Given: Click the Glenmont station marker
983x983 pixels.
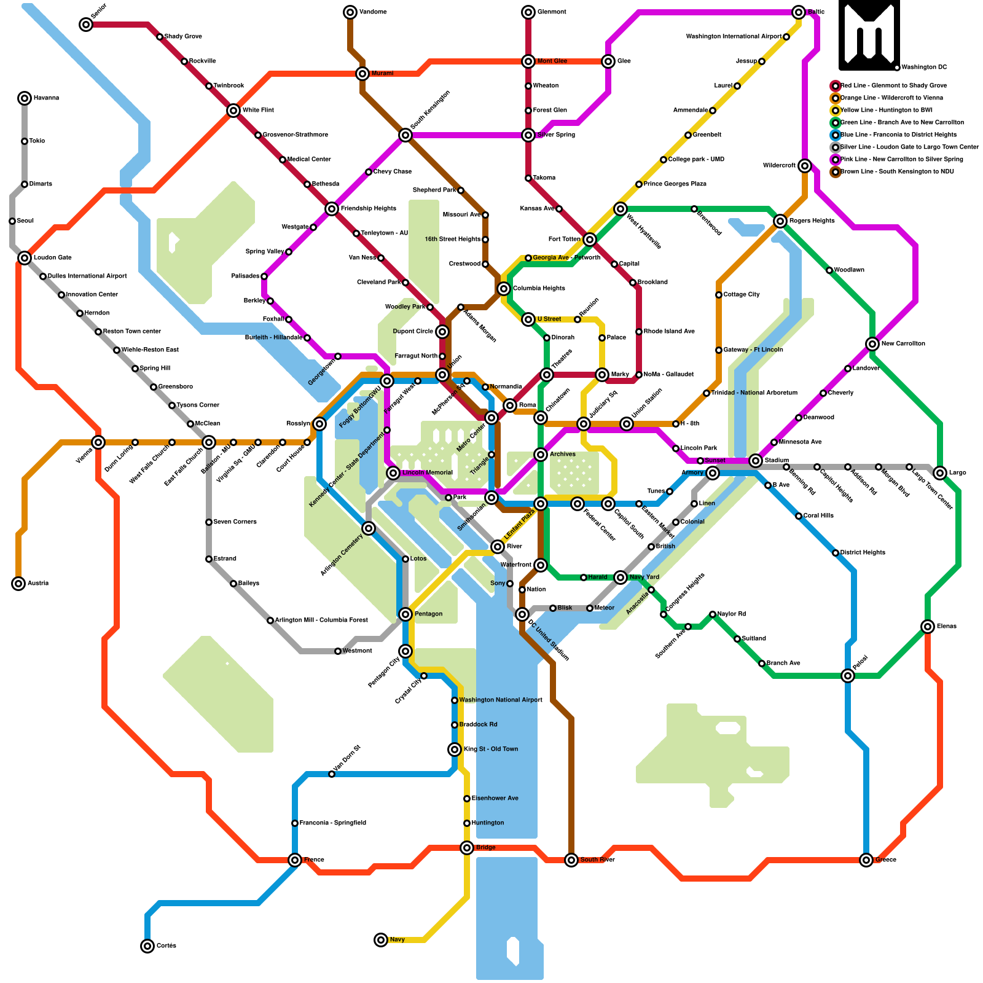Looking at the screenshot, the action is [x=528, y=12].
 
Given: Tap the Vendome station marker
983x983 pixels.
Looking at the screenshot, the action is [x=350, y=12].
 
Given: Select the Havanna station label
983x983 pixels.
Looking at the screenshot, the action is [x=46, y=98].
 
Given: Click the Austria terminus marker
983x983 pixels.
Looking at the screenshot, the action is [x=18, y=584].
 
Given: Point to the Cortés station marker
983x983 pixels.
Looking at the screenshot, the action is [x=147, y=946].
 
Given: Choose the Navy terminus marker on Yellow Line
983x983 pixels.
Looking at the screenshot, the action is [x=381, y=940].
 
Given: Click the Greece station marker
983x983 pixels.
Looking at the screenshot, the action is [x=866, y=860].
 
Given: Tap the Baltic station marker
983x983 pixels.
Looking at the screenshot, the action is [x=799, y=12].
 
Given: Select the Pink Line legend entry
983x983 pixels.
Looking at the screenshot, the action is [x=897, y=160].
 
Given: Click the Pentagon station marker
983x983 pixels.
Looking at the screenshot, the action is [x=405, y=614].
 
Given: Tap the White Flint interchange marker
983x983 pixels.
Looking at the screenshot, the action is [x=233, y=111].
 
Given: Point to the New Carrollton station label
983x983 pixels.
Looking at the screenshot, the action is [x=903, y=344].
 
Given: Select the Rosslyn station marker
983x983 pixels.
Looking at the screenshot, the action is [x=319, y=424].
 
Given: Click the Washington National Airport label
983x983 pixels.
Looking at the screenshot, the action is [x=501, y=700].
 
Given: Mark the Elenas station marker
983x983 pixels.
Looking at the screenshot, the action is [x=928, y=627].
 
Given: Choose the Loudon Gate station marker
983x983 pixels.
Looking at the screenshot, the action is [x=25, y=258].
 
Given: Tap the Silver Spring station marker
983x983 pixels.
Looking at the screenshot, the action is [x=528, y=135].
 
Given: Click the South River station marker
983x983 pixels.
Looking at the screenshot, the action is [x=571, y=860].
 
